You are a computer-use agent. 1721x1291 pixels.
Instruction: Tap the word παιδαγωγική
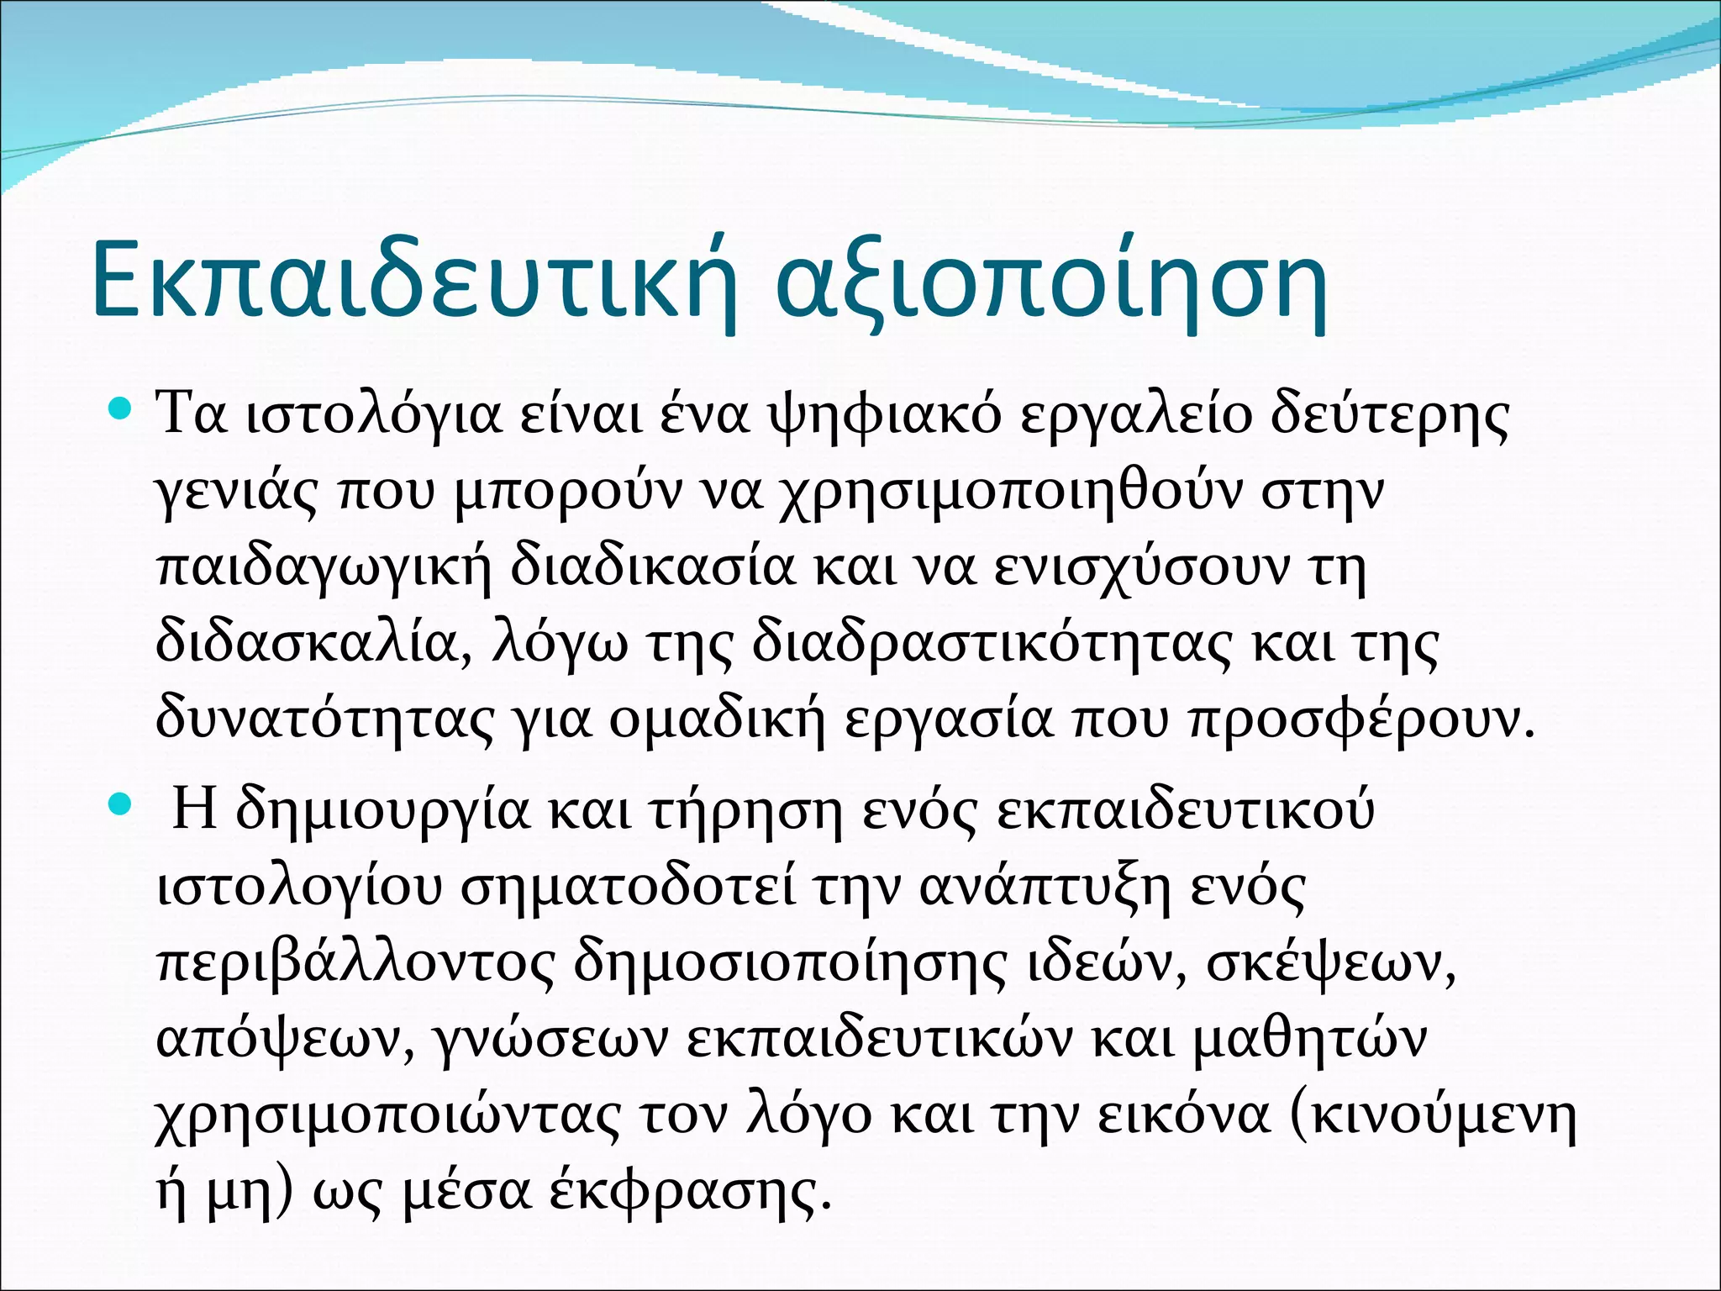324,569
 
